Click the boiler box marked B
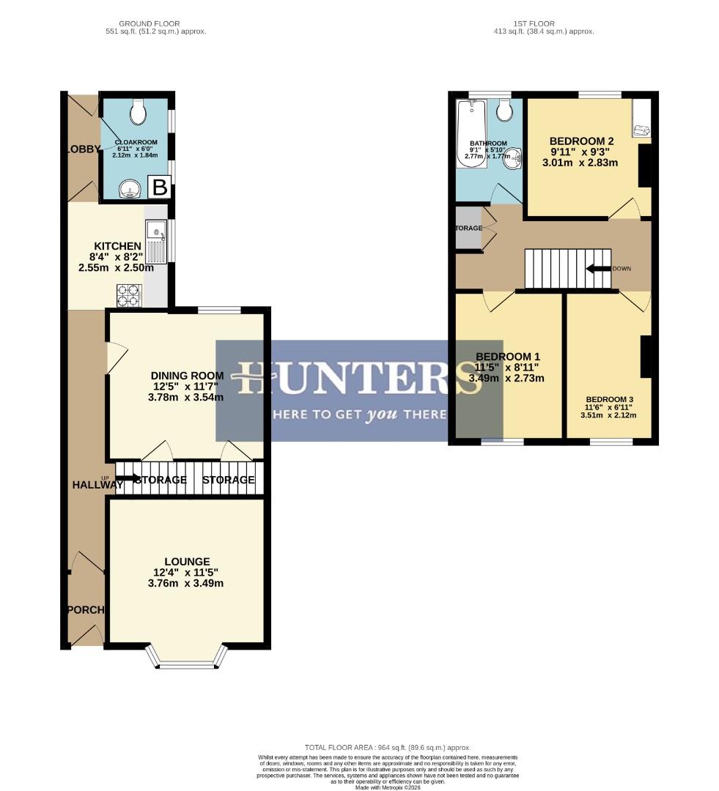pos(160,187)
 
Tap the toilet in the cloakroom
pos(137,113)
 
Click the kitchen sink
pos(156,242)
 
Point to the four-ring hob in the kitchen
pos(129,294)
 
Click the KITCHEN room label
pos(117,246)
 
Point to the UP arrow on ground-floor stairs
pos(127,479)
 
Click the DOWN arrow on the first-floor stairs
pos(600,268)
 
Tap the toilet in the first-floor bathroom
pos(504,111)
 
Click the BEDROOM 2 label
pos(581,141)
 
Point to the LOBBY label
pos(83,149)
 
